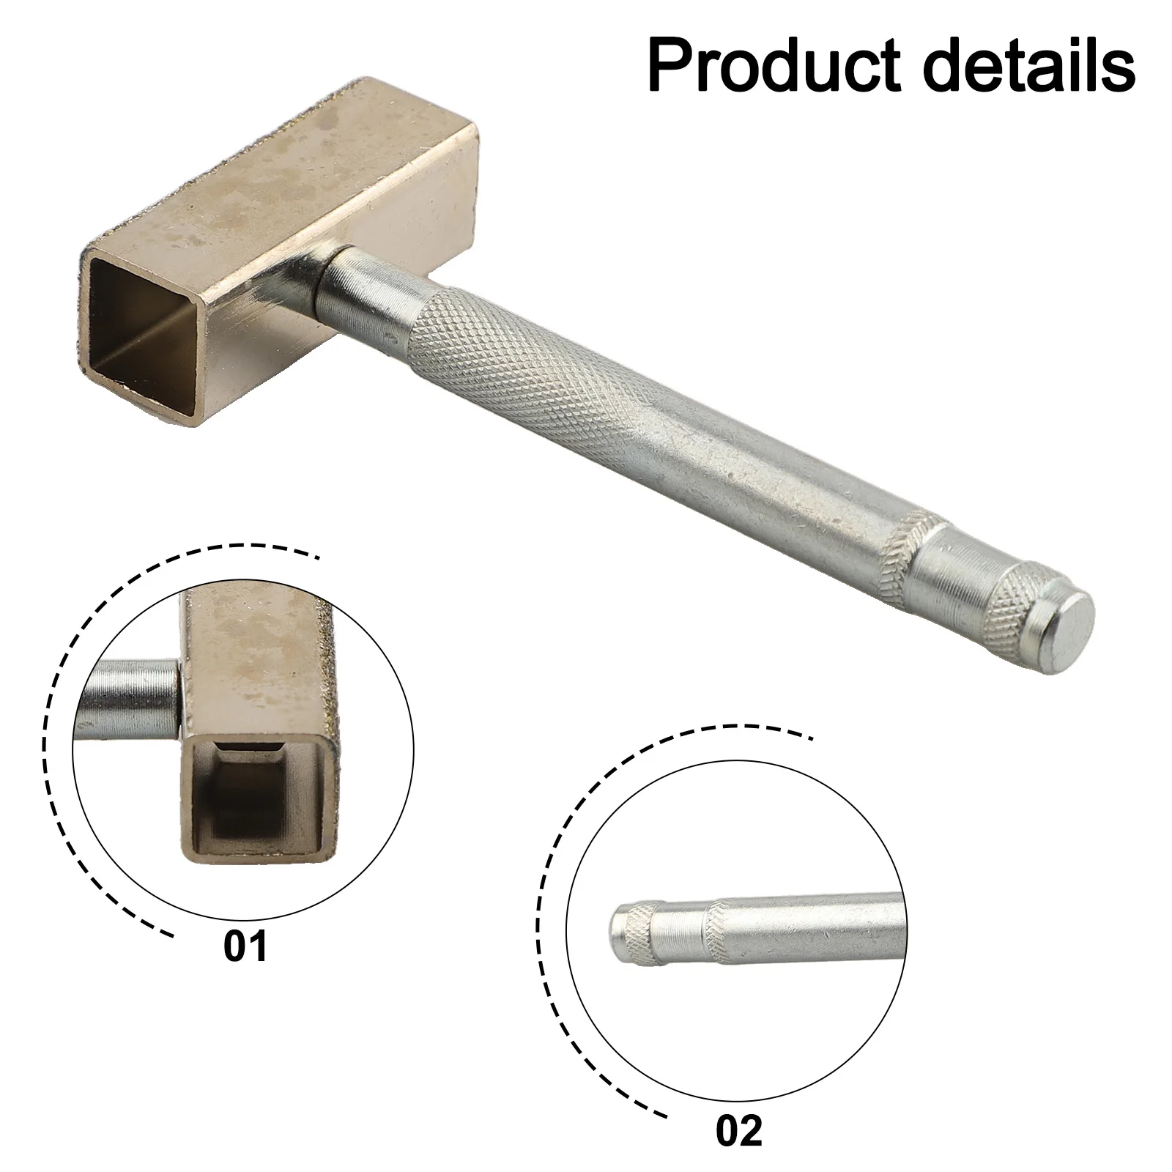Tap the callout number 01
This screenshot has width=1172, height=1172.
coord(245,946)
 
